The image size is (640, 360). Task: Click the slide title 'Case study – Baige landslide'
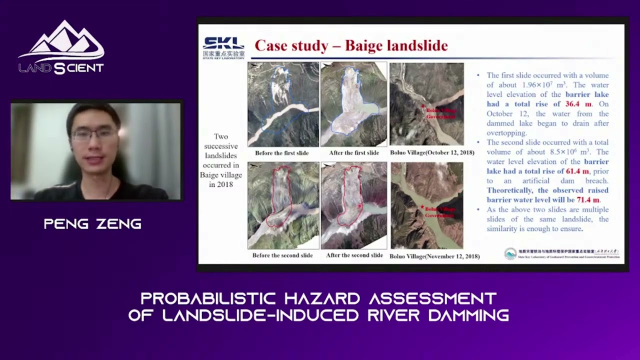point(351,46)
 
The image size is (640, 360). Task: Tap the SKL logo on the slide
point(223,47)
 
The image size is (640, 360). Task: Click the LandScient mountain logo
point(61,47)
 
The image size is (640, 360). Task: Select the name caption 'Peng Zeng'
point(92,224)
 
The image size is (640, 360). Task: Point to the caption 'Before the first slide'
point(281,153)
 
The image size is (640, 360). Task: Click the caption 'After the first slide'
point(353,153)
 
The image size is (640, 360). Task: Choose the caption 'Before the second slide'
point(282,255)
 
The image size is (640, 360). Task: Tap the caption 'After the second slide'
point(354,255)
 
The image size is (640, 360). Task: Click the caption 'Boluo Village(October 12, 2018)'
point(432,153)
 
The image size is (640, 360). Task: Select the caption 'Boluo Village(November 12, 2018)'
point(434,256)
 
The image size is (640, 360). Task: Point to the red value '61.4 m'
point(577,171)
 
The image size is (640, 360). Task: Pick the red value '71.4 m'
point(588,200)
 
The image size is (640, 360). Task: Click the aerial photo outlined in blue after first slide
point(353,104)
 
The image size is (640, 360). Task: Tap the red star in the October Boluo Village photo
point(423,106)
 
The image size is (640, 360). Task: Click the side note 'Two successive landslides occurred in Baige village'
point(220,160)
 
